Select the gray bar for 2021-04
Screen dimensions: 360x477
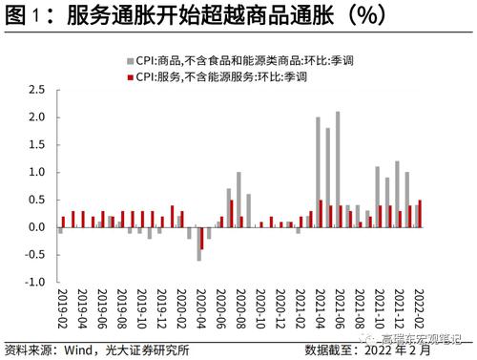pos(318,173)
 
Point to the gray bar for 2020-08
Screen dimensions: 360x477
pos(238,200)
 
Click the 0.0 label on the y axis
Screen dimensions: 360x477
pos(36,227)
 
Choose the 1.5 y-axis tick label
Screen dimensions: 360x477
pos(36,144)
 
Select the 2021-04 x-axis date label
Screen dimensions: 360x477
pos(318,307)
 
